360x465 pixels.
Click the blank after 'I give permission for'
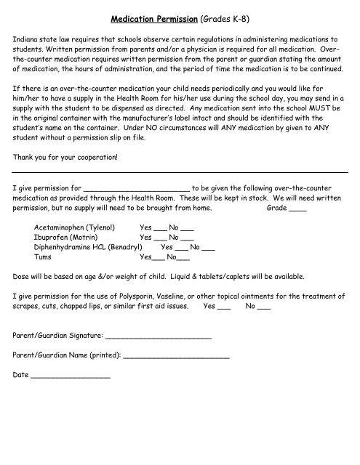137,187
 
